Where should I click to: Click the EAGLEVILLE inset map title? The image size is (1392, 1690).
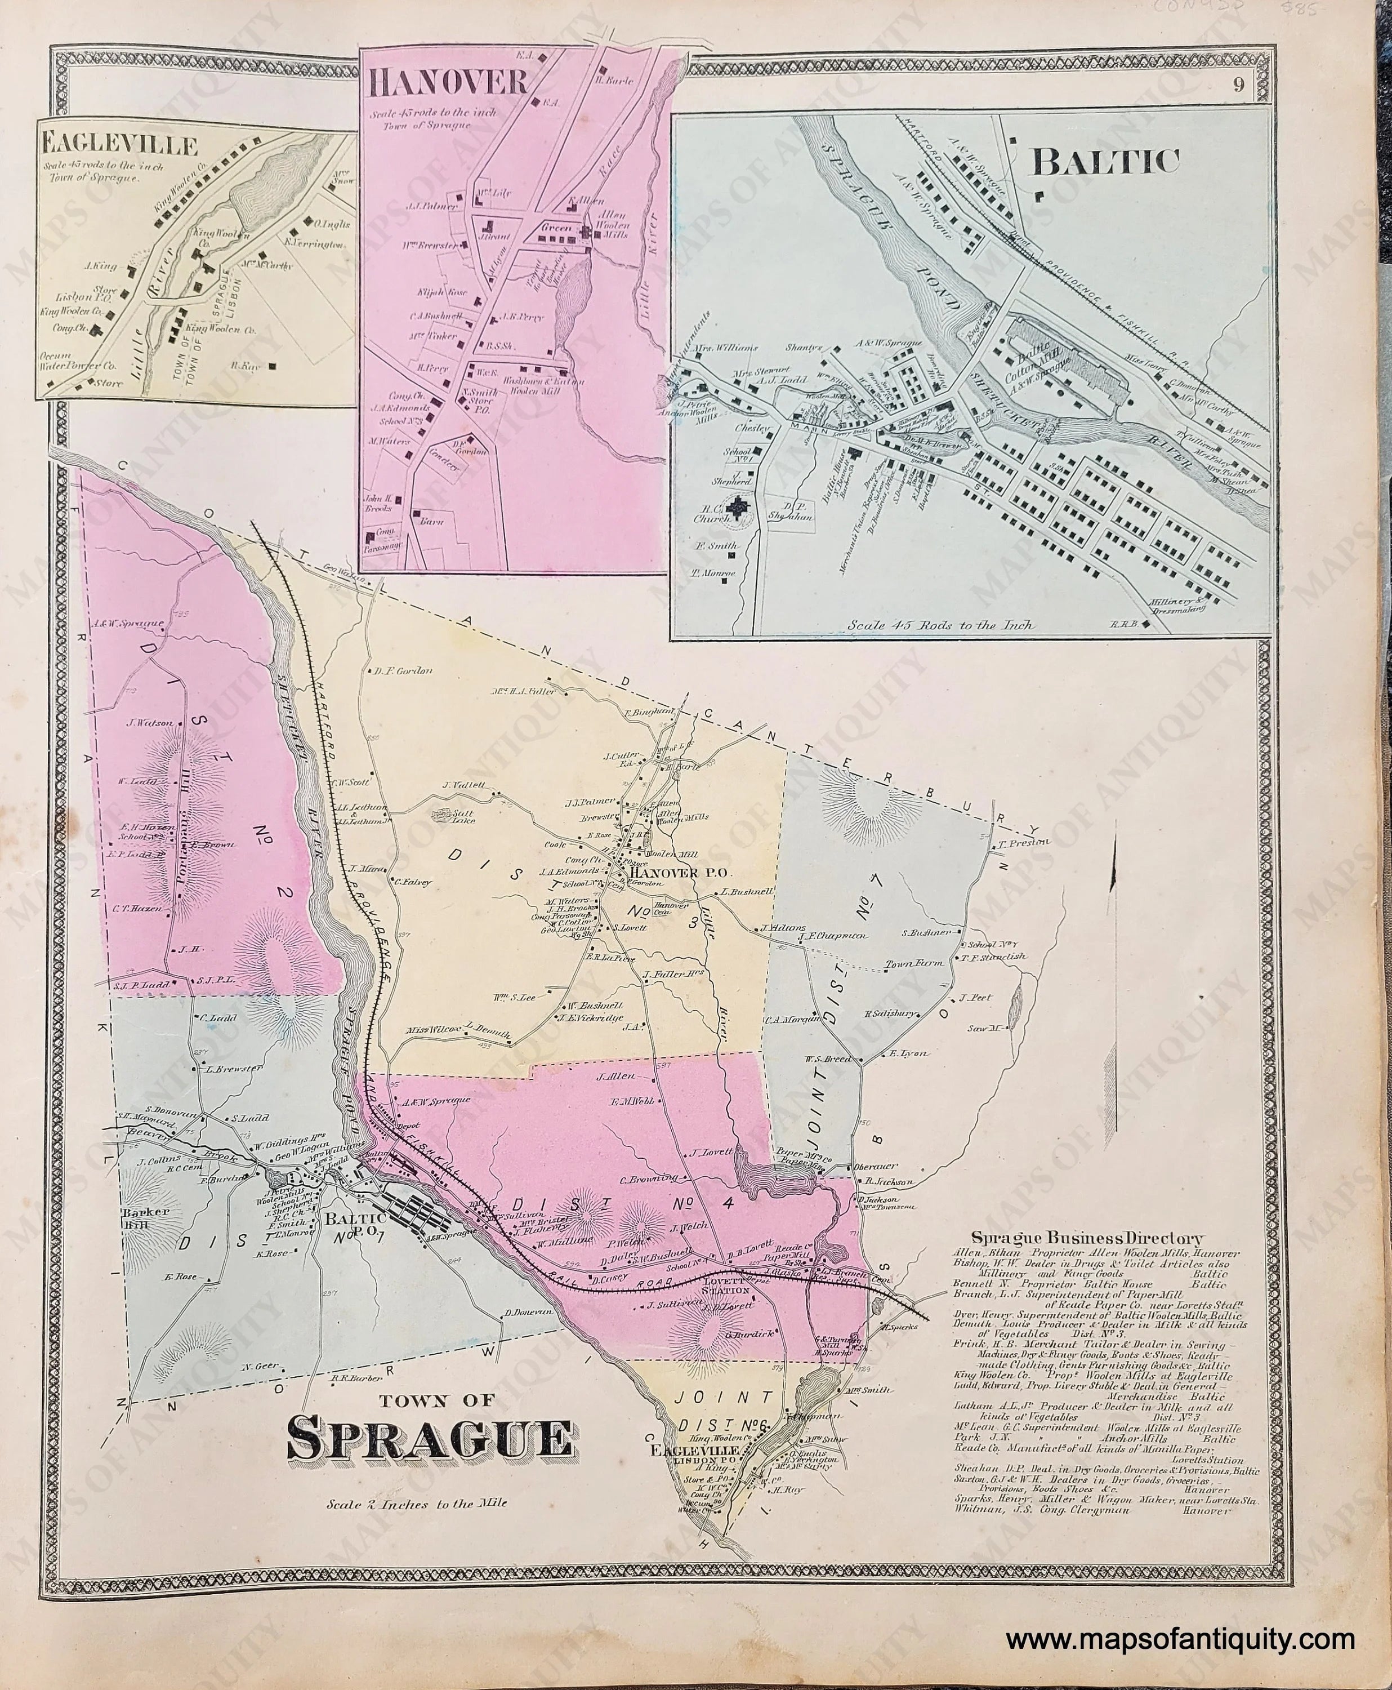121,146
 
